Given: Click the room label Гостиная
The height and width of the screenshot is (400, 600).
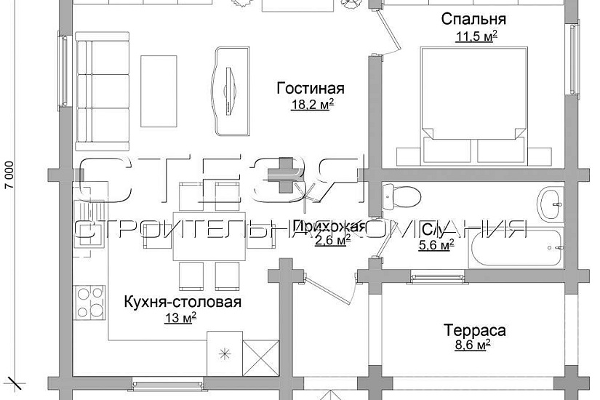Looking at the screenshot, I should click(310, 89).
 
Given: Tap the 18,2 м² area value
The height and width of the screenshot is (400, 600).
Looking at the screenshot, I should click(310, 104).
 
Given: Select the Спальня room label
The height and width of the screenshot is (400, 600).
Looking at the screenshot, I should click(473, 19).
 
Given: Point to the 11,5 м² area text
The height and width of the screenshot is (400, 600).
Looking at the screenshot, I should click(473, 36).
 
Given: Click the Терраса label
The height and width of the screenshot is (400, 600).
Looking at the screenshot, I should click(474, 331).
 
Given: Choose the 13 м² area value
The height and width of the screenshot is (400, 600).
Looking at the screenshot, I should click(180, 317).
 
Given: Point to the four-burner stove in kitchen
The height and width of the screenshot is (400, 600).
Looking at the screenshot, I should click(90, 300).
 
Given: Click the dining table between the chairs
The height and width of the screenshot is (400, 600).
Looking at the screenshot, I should click(209, 236).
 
